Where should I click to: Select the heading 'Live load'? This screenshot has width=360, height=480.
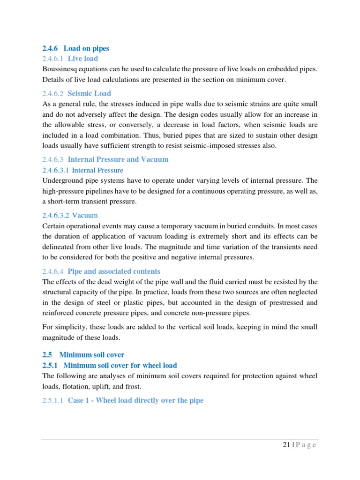coord(83,59)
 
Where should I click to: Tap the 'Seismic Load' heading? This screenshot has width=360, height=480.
coord(89,93)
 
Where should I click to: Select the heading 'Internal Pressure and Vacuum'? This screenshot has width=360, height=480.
coord(118,159)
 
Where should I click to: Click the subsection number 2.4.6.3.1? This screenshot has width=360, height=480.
coord(55,170)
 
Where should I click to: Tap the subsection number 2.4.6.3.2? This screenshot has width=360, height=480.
coord(55,215)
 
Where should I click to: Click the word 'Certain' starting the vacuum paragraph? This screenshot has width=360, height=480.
coord(54,226)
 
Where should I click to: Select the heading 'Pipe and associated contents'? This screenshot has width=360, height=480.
coord(114,271)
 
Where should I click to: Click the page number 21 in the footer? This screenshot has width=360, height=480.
coord(286,445)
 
